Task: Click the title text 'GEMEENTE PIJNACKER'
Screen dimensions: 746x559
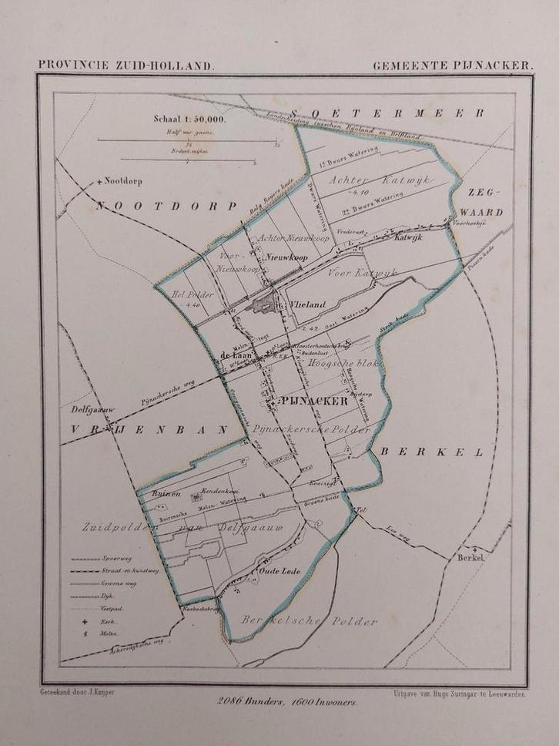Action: click(452, 66)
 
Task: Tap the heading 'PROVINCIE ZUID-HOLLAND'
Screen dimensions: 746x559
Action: click(126, 66)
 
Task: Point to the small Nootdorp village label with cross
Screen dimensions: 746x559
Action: click(123, 182)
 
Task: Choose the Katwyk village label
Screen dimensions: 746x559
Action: click(411, 238)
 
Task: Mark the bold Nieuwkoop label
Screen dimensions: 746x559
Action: click(284, 260)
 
